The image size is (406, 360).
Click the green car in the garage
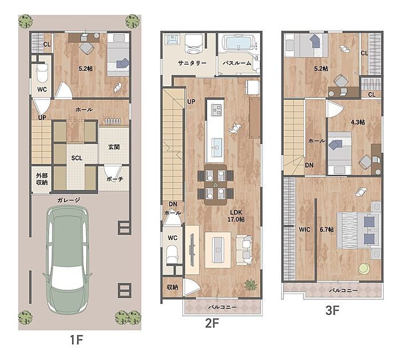click(x=67, y=259)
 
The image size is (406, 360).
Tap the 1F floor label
click(x=76, y=340)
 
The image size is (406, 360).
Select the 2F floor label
click(x=212, y=323)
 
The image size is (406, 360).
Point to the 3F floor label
click(x=332, y=310)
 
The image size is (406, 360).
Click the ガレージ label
click(x=69, y=200)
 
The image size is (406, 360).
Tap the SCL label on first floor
click(x=77, y=158)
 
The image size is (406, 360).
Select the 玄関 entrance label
click(x=114, y=147)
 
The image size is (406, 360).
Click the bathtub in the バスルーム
click(x=237, y=43)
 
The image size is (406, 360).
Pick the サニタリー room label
click(x=192, y=63)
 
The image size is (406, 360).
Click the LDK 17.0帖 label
click(x=236, y=216)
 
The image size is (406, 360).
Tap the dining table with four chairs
click(x=216, y=185)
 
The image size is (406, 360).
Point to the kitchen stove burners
click(x=217, y=110)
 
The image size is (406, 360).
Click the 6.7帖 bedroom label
click(x=327, y=230)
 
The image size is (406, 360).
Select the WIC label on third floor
click(x=304, y=230)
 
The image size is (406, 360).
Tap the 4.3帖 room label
click(x=358, y=122)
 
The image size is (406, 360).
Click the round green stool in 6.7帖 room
click(x=364, y=269)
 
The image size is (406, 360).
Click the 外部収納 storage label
click(x=42, y=179)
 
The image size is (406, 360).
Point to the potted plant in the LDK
click(x=250, y=285)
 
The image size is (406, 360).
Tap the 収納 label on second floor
click(x=172, y=287)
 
